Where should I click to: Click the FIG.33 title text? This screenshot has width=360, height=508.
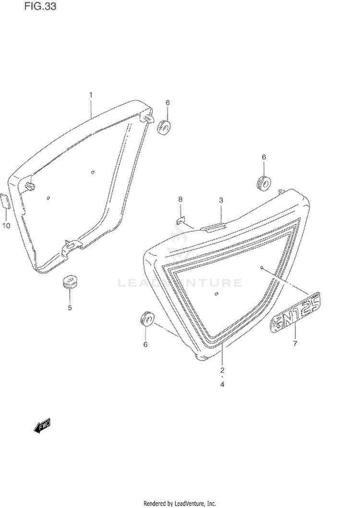tap(40, 6)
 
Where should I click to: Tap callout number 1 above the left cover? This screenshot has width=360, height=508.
tap(91, 95)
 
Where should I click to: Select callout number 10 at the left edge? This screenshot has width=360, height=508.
tap(6, 225)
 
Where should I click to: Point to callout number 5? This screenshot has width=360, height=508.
tap(70, 307)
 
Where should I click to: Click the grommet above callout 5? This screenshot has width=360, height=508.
tap(70, 281)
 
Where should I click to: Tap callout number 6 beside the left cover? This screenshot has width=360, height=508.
tap(168, 103)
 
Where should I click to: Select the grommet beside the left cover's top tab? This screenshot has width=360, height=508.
tap(164, 127)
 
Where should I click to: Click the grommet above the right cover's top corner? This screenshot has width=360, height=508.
tap(264, 183)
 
